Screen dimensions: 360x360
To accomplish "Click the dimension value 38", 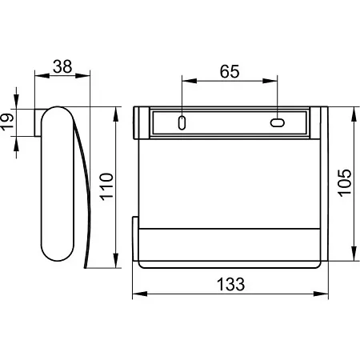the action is click(x=62, y=66).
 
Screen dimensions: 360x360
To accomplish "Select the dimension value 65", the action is click(x=230, y=71).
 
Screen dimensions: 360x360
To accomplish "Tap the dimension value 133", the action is click(x=230, y=284).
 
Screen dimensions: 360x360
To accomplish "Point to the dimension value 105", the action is click(x=345, y=183).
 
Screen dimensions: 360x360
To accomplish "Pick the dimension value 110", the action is click(x=106, y=186).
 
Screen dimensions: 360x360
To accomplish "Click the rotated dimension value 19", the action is click(x=6, y=122).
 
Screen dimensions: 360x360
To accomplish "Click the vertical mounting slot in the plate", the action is click(x=182, y=122).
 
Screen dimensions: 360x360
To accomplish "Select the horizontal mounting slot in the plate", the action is click(x=278, y=122).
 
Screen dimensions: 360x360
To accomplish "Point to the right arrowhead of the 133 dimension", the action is click(x=321, y=294).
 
